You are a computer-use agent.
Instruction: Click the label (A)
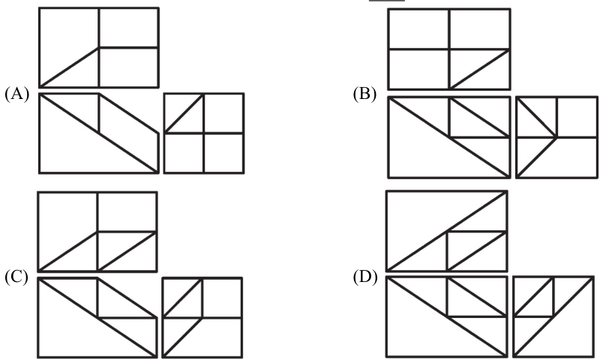click(x=16, y=94)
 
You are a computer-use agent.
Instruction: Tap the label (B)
click(x=364, y=94)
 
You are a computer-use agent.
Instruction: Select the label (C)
click(x=16, y=277)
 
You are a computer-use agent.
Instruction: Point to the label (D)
click(x=365, y=277)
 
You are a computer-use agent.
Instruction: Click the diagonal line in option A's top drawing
click(x=69, y=67)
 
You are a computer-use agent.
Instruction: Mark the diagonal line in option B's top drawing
click(x=480, y=69)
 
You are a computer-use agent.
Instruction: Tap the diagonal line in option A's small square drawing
click(x=184, y=113)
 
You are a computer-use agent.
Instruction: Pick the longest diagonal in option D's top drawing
click(x=447, y=231)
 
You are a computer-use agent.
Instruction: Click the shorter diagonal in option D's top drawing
click(x=477, y=251)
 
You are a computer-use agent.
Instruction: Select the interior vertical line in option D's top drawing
click(x=447, y=251)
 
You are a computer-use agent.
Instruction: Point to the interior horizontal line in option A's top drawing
click(x=128, y=47)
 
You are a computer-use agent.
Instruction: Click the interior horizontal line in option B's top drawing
click(x=449, y=49)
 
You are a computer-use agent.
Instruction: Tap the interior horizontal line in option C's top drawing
click(x=127, y=232)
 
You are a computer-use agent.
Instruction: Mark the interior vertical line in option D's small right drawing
click(x=553, y=297)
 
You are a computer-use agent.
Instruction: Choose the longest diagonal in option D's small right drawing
click(x=553, y=316)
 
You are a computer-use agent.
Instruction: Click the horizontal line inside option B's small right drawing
click(x=556, y=137)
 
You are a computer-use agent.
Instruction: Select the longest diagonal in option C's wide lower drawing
click(x=97, y=317)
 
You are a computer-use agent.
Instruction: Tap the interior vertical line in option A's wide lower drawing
click(x=99, y=113)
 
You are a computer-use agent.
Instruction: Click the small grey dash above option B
click(x=386, y=1)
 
